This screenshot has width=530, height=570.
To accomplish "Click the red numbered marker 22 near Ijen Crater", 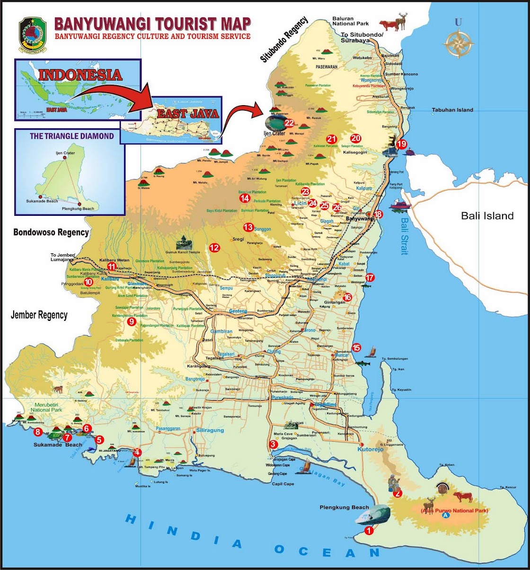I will [289, 123].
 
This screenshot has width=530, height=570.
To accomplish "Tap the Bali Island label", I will [487, 216].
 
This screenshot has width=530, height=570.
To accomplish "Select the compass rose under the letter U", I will [458, 43].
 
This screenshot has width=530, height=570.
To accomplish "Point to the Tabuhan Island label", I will [452, 110].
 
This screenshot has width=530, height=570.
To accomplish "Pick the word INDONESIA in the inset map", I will [80, 75].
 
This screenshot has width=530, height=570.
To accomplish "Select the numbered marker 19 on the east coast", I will [402, 144].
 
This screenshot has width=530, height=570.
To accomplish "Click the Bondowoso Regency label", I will [51, 232].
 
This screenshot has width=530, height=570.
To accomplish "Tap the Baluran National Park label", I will [350, 21].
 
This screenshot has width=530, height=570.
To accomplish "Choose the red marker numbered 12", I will [214, 247].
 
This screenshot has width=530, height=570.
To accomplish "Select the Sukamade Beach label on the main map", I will [58, 445].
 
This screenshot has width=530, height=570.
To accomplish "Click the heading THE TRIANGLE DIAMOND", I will [71, 135].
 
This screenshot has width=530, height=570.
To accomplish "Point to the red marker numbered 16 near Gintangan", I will [348, 297].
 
